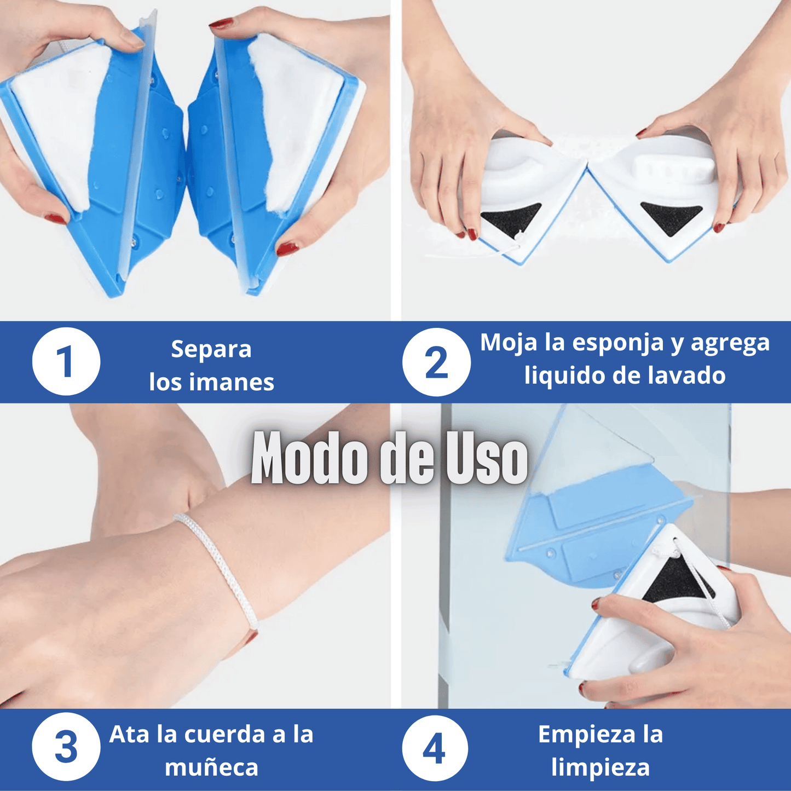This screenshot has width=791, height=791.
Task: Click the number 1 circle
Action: (x=66, y=362)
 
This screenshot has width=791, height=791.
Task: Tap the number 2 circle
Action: (x=436, y=362)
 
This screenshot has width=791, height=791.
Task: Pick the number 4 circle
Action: (x=435, y=748)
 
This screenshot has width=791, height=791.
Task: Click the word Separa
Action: (x=211, y=349)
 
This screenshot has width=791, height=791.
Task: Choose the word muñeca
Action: (x=211, y=767)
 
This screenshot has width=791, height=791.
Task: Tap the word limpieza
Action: (x=601, y=767)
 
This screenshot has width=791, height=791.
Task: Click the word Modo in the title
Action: (x=310, y=459)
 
